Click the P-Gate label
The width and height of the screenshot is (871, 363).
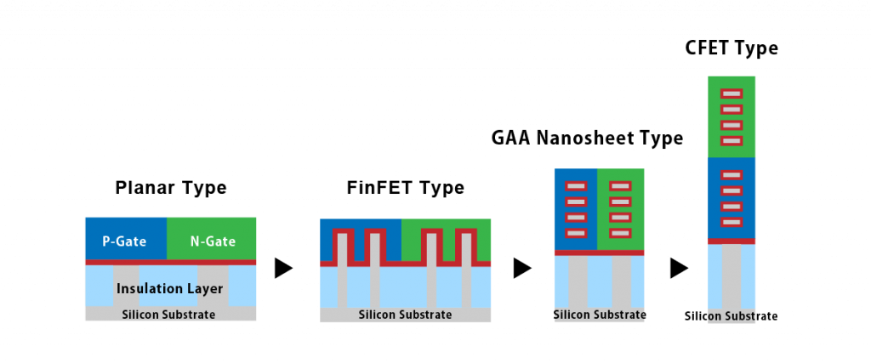pyautogui.click(x=124, y=241)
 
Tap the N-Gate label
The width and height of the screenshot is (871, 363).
pyautogui.click(x=213, y=241)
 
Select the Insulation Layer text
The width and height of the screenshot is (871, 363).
pyautogui.click(x=170, y=289)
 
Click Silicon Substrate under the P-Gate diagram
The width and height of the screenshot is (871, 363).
pyautogui.click(x=168, y=315)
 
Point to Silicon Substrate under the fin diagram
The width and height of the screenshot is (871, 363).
pyautogui.click(x=405, y=315)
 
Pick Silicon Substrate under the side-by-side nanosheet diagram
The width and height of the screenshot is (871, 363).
pyautogui.click(x=599, y=315)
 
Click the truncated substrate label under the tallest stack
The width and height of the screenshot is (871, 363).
pyautogui.click(x=732, y=316)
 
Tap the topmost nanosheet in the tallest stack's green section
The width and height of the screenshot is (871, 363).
pyautogui.click(x=732, y=94)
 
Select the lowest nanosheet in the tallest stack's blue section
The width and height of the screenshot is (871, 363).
pyautogui.click(x=732, y=222)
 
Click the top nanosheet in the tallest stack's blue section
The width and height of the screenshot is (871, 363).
pyautogui.click(x=732, y=175)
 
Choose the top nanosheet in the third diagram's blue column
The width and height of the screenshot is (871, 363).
pyautogui.click(x=576, y=186)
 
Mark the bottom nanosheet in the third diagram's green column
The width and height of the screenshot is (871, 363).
pyautogui.click(x=620, y=233)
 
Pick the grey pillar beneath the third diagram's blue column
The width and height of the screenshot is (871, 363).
pyautogui.click(x=578, y=281)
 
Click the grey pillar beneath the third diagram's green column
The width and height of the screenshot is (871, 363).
pyautogui.click(x=621, y=281)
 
